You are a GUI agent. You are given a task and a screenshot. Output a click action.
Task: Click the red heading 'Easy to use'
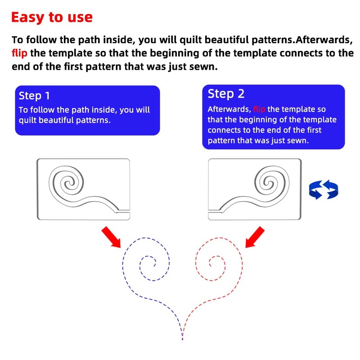click(52, 17)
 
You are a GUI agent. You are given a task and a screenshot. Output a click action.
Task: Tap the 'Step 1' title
click(34, 96)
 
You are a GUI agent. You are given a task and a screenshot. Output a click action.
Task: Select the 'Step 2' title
click(226, 94)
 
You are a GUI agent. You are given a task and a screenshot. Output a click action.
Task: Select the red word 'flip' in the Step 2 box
click(260, 109)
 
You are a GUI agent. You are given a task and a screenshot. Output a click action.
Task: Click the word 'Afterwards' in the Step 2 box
click(229, 109)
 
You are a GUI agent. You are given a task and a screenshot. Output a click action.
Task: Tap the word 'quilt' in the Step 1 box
click(29, 121)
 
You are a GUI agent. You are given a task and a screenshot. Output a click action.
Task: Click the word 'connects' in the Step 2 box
click(224, 130)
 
